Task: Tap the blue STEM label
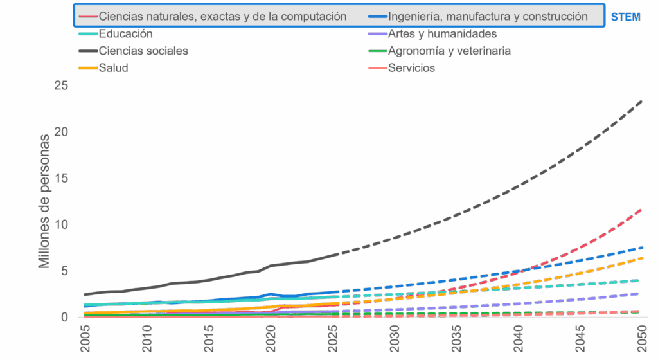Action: click(x=625, y=17)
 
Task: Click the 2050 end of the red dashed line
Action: click(x=641, y=208)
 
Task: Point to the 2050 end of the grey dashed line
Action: click(x=641, y=101)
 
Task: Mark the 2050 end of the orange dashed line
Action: click(x=641, y=258)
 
